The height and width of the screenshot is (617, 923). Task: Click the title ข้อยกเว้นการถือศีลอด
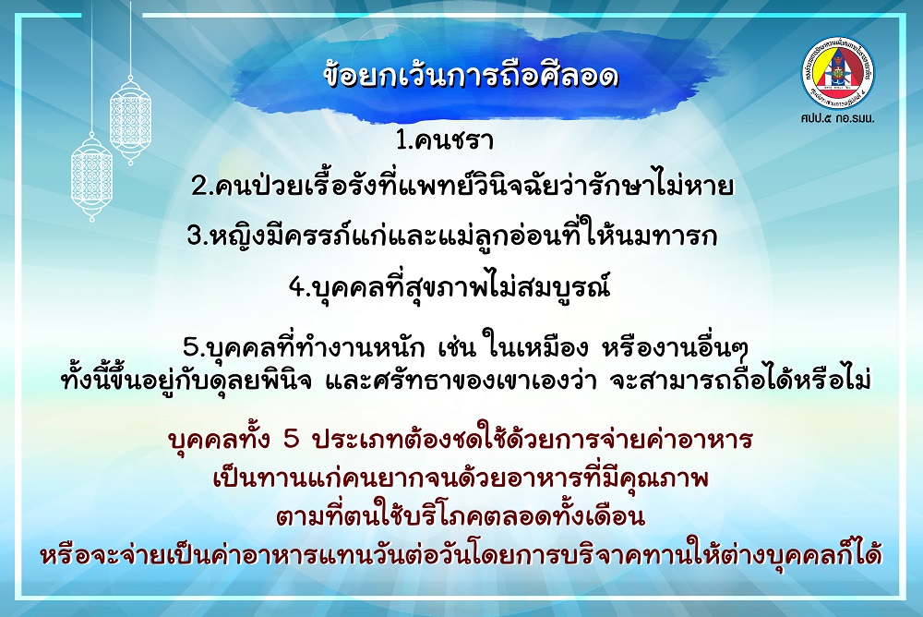click(471, 76)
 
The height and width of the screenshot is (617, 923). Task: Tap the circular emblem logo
click(838, 72)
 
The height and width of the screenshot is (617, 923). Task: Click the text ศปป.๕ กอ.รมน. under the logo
click(837, 118)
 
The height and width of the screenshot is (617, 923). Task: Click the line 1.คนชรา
click(445, 140)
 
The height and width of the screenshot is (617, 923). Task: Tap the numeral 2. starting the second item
click(201, 188)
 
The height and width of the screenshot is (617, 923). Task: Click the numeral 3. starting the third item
click(198, 236)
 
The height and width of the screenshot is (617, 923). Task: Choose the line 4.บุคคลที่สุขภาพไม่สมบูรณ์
click(449, 285)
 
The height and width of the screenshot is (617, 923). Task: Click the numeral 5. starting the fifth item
click(193, 347)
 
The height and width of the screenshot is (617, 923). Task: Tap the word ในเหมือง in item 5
click(535, 346)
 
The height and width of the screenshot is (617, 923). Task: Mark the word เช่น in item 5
click(456, 347)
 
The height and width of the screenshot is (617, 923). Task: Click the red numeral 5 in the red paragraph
click(292, 440)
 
